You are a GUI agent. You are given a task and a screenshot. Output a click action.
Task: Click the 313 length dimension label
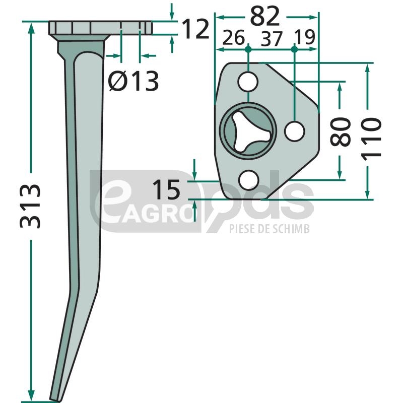(x=30, y=207)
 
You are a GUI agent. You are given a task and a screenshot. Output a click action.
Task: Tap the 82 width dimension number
(x=265, y=16)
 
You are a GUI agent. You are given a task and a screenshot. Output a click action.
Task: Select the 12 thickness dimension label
(x=195, y=29)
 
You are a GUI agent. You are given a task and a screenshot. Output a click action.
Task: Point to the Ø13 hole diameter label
(x=133, y=81)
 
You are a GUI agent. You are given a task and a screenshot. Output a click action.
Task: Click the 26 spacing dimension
(x=233, y=38)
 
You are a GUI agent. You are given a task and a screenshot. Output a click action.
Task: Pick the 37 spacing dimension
(x=272, y=39)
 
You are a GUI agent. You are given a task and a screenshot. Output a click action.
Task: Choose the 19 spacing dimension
(x=304, y=37)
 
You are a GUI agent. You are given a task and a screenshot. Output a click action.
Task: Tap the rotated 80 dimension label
(x=341, y=131)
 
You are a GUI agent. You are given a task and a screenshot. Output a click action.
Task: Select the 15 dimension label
(x=166, y=190)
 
